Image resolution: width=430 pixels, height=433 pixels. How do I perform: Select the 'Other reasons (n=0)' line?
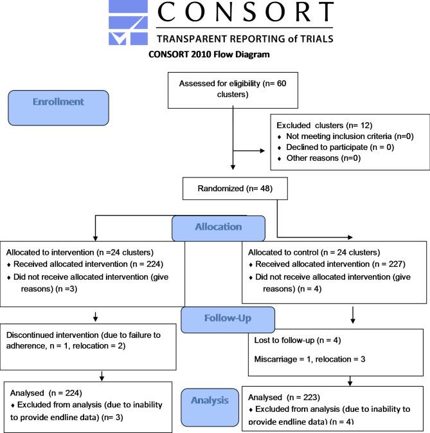point(315,158)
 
